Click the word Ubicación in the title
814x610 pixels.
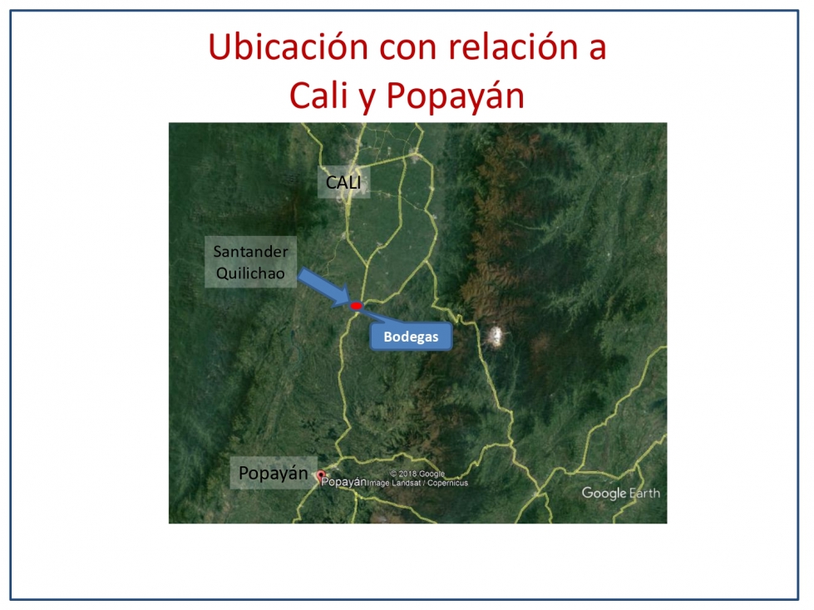pos(289,47)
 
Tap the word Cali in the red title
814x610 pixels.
pos(318,96)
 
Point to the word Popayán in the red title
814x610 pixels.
pos(456,96)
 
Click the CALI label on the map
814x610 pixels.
pos(343,182)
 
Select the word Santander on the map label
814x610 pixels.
pos(251,252)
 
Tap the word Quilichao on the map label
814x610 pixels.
pos(251,273)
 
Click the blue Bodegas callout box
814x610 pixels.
pos(411,337)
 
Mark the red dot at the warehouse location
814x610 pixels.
pos(356,306)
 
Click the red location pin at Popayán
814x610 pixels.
pos(321,475)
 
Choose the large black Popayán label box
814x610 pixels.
pos(274,473)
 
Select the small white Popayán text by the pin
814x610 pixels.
pos(344,482)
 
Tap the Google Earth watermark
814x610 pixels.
pos(621,493)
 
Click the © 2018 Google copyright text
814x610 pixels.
pos(417,474)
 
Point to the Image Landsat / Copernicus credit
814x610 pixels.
pos(418,483)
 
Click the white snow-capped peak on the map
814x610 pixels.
pos(496,337)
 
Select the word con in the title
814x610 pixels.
pos(408,47)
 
